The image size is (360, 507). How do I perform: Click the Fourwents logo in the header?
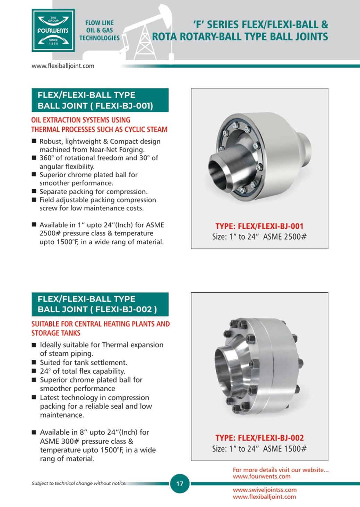[x=53, y=31]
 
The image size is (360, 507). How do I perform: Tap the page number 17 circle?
[x=180, y=483]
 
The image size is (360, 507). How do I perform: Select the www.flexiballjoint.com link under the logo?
[x=63, y=66]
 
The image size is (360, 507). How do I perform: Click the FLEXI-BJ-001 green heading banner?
[x=100, y=100]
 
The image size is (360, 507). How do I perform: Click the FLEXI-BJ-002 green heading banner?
[x=100, y=304]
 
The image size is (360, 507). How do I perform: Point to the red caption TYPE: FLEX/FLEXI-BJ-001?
[x=259, y=226]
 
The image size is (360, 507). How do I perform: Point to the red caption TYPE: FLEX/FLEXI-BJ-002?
[x=259, y=438]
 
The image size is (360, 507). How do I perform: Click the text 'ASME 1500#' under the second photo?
[x=285, y=449]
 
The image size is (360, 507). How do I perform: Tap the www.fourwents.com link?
[x=262, y=476]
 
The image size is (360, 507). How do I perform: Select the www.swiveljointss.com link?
[x=265, y=490]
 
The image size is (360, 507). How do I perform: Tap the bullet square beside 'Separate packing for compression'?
[x=34, y=191]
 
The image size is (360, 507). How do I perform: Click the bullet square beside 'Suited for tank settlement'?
[x=34, y=362]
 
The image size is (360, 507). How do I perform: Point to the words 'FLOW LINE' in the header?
[x=100, y=23]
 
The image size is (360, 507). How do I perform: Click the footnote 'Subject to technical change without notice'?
[x=79, y=483]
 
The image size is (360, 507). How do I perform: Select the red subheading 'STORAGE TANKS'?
[x=56, y=333]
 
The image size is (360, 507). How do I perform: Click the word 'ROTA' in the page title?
[x=164, y=37]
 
